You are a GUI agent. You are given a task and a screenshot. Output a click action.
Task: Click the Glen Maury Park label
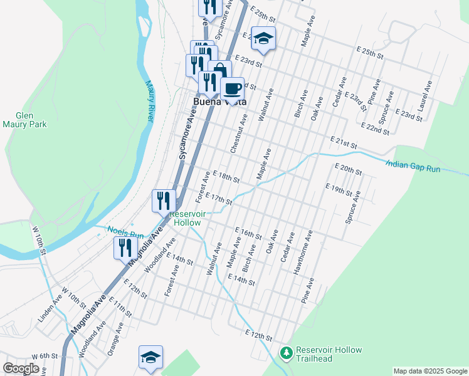click(x=32, y=120)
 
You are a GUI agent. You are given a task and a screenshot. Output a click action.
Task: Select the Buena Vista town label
click(x=219, y=102)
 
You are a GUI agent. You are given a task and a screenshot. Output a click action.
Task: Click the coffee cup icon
click(x=232, y=88)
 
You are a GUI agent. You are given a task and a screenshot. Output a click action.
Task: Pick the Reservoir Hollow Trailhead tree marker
click(x=286, y=353)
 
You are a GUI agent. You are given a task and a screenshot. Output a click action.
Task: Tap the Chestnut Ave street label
click(x=239, y=133)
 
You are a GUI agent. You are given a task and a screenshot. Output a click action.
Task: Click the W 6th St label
click(x=44, y=356)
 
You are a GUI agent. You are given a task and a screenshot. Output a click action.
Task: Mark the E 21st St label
click(x=344, y=142)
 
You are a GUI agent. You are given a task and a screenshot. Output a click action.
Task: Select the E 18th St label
click(x=226, y=177)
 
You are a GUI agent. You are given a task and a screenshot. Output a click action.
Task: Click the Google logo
click(x=21, y=368)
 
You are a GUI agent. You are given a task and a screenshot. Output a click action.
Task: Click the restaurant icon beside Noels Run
click(x=125, y=248)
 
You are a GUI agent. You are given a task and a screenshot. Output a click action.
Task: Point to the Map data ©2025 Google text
click(x=429, y=371)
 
